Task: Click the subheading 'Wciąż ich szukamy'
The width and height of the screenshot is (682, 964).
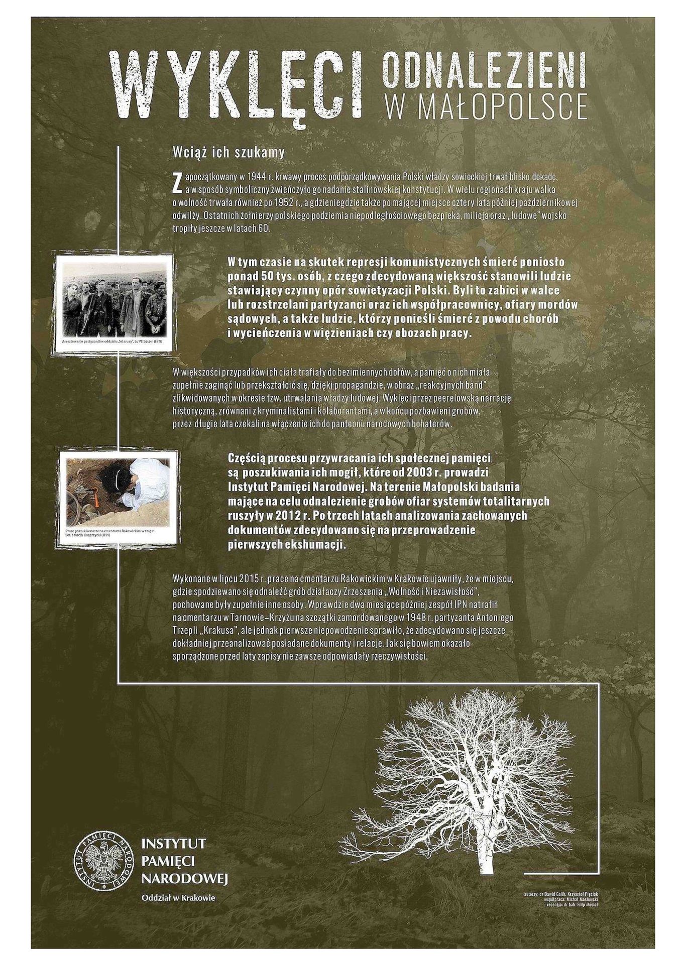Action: tap(229, 153)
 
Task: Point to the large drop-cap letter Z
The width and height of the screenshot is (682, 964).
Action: tap(176, 183)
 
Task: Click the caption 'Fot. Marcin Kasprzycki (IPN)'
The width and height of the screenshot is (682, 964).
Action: tap(88, 535)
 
